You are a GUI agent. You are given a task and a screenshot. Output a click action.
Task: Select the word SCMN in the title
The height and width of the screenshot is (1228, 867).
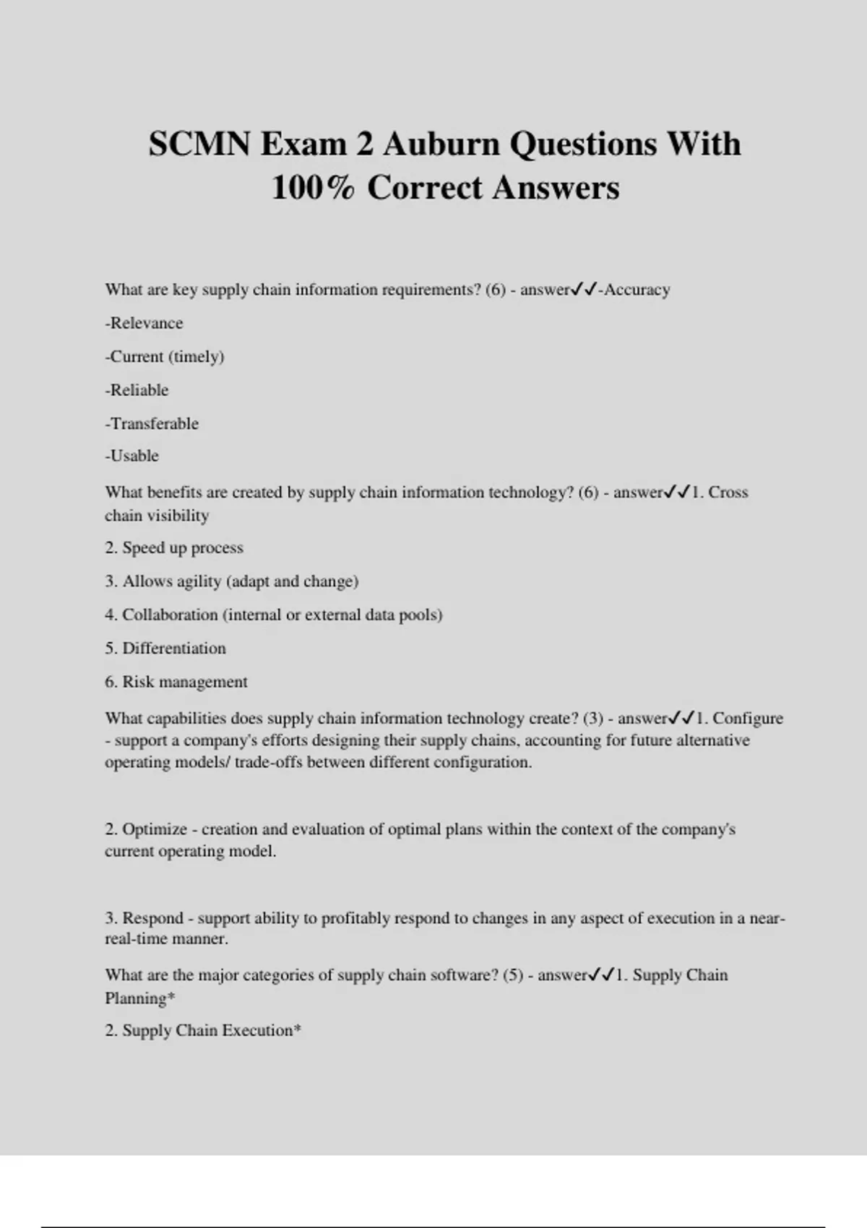pyautogui.click(x=199, y=144)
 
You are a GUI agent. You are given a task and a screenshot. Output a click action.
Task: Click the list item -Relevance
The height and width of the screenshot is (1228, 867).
pyautogui.click(x=144, y=323)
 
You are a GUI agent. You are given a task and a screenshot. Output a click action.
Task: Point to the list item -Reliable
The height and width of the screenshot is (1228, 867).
pyautogui.click(x=137, y=390)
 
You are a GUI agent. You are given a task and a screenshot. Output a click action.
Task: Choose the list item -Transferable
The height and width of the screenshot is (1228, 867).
pyautogui.click(x=152, y=423)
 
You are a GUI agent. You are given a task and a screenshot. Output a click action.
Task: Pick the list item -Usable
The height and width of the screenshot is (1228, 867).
pyautogui.click(x=131, y=456)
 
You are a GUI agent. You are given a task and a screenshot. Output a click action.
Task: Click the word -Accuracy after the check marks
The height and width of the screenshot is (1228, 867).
pyautogui.click(x=634, y=290)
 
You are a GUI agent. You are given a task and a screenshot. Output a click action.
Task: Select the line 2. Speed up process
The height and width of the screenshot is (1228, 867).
pyautogui.click(x=174, y=548)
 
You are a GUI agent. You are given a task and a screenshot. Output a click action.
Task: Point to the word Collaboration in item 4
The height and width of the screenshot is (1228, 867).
pyautogui.click(x=170, y=615)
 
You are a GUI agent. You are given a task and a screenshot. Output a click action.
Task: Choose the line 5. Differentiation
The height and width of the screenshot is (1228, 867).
pyautogui.click(x=165, y=648)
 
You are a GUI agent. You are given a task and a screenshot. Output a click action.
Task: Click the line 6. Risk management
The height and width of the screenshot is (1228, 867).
pyautogui.click(x=176, y=682)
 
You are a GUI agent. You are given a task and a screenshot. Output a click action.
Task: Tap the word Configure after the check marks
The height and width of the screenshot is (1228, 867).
pyautogui.click(x=748, y=719)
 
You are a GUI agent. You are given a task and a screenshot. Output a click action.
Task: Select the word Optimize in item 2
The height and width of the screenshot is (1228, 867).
pyautogui.click(x=155, y=829)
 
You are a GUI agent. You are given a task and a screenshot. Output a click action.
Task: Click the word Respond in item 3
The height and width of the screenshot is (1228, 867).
pyautogui.click(x=152, y=918)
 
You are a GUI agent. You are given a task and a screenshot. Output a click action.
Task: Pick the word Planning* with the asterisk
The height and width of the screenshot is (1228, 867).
pyautogui.click(x=140, y=998)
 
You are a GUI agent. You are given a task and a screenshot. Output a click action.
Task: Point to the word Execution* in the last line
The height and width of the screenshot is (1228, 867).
pyautogui.click(x=262, y=1031)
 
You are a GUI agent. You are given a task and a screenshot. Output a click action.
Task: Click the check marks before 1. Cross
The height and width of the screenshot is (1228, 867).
pyautogui.click(x=678, y=493)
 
